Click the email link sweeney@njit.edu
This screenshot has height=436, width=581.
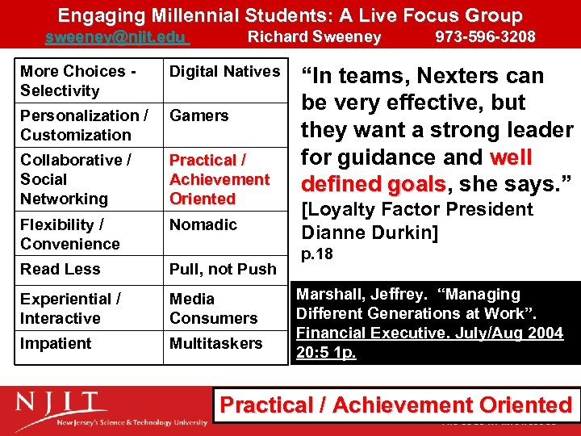(x=115, y=36)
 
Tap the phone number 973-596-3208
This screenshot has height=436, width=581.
(x=485, y=36)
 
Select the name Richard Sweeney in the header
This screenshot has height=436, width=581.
(x=314, y=36)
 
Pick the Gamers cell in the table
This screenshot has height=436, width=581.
(x=199, y=115)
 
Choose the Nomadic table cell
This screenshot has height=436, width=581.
(x=203, y=224)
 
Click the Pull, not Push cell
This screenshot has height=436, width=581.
(x=223, y=269)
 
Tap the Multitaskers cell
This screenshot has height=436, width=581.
(x=215, y=343)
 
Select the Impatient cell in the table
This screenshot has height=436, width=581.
(x=56, y=343)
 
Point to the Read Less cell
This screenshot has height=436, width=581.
(x=61, y=269)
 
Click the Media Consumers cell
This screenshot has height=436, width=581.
(x=213, y=308)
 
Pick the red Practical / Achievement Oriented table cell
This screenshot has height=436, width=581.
(x=219, y=179)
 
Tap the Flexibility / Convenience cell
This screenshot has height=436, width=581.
(x=70, y=234)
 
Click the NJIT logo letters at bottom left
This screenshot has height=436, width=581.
(x=61, y=403)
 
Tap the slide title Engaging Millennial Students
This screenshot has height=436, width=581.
(x=290, y=15)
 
